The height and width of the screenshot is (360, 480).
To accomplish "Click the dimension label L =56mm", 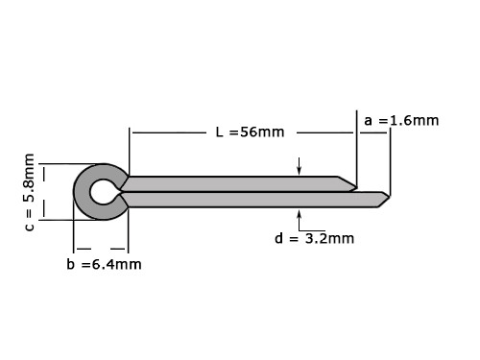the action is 250,132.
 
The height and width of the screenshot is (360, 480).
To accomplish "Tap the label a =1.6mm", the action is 401,121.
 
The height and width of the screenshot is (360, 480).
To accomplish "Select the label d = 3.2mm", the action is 314,238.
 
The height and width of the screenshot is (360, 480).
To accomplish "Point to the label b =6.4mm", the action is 104,264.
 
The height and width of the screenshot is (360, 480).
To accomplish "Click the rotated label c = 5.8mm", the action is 29,192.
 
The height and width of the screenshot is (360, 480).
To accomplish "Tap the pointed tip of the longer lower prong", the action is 390,197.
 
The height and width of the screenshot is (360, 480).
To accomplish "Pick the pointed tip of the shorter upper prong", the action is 357,186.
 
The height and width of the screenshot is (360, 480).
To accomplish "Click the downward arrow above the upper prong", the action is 300,166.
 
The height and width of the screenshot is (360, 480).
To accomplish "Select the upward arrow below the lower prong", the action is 300,220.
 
